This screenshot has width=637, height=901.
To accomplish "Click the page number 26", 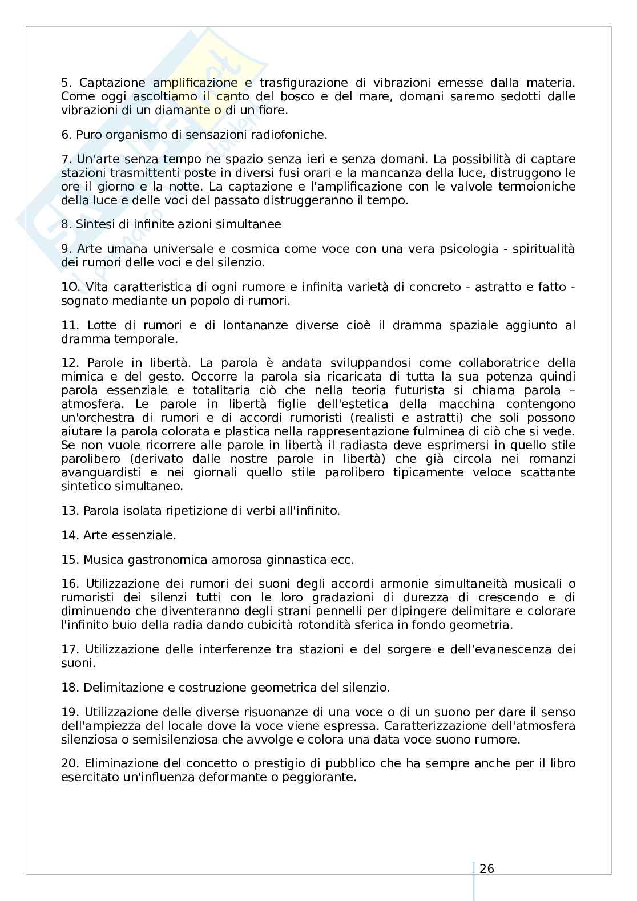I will pos(487,869).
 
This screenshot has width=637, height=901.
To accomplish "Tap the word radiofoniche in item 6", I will pos(292,135).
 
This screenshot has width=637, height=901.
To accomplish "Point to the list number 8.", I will pos(67,224).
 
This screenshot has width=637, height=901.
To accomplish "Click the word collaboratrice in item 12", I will pos(491,363).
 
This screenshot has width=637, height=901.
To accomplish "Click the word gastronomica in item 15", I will pos(167,560).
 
